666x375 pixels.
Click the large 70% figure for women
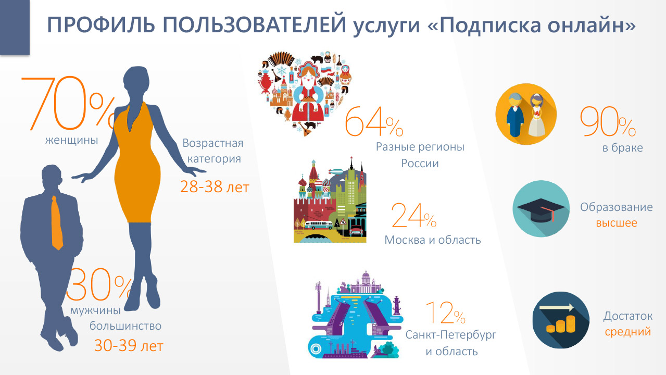68,104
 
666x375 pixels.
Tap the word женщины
72,140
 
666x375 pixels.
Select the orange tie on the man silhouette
57,222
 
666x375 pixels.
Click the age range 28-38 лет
215,187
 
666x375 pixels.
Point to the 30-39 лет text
129,345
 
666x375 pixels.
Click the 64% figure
374,122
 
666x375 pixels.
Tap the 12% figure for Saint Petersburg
445,312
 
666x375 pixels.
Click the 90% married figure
608,121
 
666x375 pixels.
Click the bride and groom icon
526,114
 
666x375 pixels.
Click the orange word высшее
617,223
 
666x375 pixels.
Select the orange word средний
628,332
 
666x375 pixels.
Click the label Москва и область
433,240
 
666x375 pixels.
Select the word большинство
125,326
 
